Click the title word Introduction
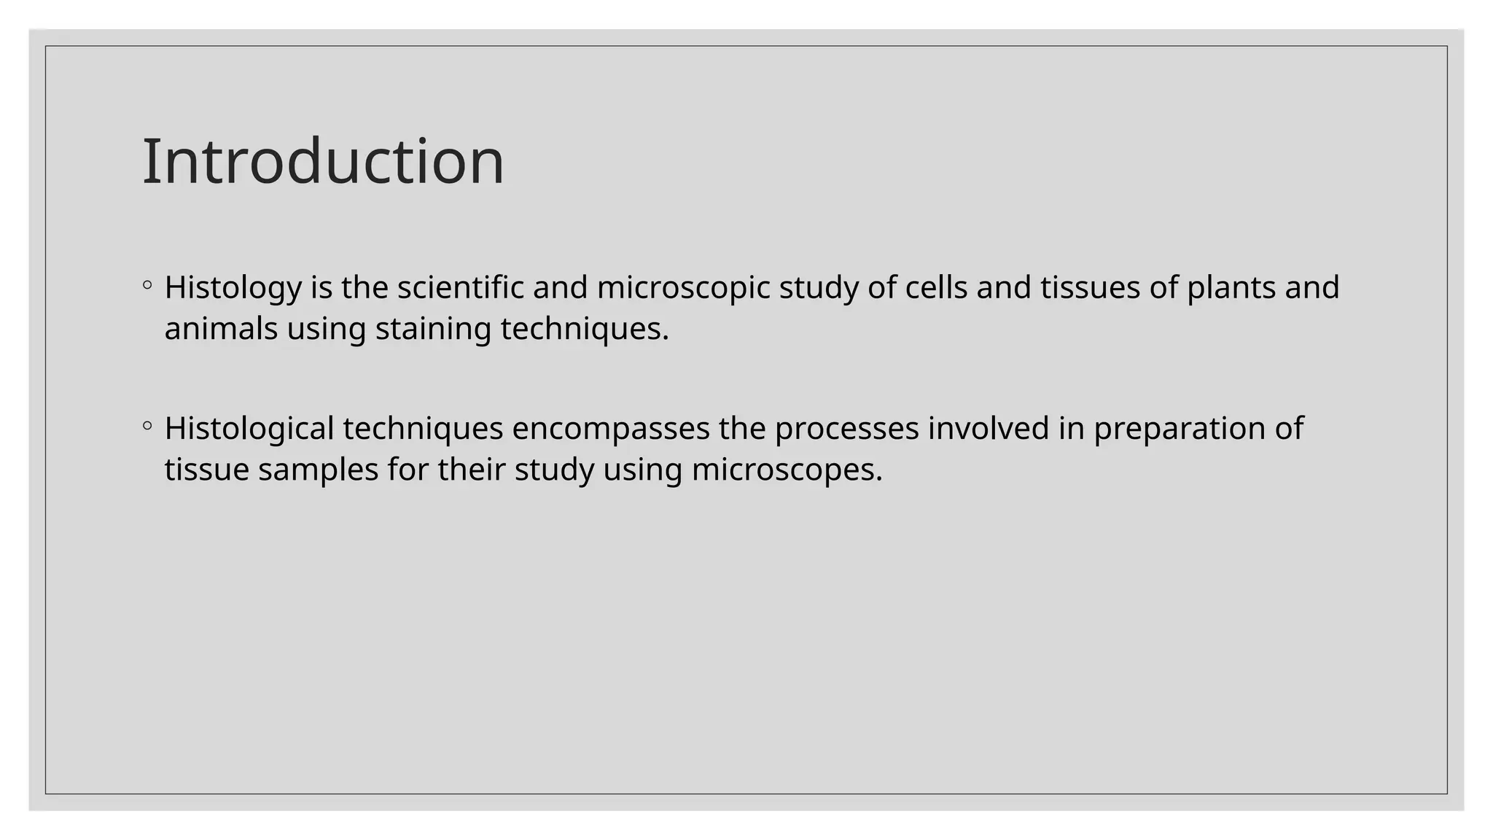click(323, 161)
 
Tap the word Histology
click(233, 288)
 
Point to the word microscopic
click(683, 288)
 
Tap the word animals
click(221, 329)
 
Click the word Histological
click(249, 429)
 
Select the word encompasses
click(610, 429)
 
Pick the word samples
click(318, 470)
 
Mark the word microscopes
click(787, 470)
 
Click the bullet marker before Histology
click(147, 285)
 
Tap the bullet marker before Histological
click(147, 426)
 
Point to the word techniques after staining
click(584, 329)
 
